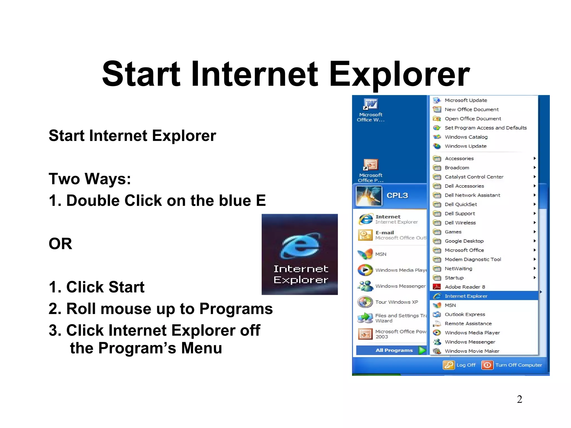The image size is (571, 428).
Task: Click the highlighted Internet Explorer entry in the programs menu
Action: pos(466,296)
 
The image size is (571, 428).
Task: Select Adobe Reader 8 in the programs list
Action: pos(465,287)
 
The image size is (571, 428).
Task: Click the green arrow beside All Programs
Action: pos(422,350)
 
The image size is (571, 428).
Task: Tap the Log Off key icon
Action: pos(449,365)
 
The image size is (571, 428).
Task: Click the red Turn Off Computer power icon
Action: pos(487,365)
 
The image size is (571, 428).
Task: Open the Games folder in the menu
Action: pos(453,232)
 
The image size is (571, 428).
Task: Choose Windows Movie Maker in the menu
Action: pos(472,351)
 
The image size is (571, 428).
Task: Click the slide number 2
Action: pos(519,399)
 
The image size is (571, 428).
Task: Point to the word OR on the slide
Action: pos(60,244)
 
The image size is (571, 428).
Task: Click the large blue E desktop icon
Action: pos(300,245)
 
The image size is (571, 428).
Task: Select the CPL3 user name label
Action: pos(397,195)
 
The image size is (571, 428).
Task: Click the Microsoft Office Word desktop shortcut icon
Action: pos(371,104)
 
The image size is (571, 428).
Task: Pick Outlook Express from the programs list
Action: pos(465,314)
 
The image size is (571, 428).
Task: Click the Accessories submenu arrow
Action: pos(534,158)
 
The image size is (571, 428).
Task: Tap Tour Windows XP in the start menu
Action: pos(396,302)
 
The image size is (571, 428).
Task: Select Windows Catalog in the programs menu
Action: pos(466,137)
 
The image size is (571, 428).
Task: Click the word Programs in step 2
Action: pos(236,309)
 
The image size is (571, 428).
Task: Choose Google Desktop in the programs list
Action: pos(464,241)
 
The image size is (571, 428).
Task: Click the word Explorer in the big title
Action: pos(399,74)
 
